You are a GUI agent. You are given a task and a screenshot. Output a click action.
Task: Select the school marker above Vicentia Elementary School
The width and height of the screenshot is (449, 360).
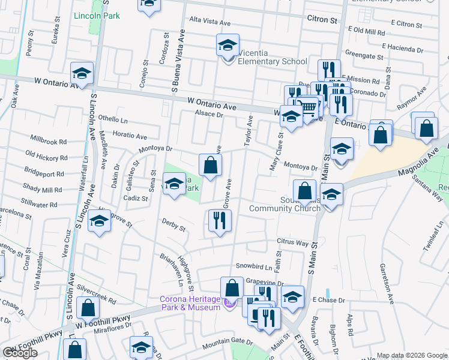point(228,45)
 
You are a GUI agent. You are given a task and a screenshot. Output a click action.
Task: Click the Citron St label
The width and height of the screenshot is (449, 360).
point(322,20)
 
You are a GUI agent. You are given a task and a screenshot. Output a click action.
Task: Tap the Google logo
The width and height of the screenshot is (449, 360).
point(20,353)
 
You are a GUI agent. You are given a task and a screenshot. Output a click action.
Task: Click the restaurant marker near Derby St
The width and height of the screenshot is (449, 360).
point(219,221)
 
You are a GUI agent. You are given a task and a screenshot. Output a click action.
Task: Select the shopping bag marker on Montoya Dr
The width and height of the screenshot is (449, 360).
point(210,165)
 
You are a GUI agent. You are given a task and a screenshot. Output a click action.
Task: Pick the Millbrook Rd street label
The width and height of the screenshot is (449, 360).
point(46,142)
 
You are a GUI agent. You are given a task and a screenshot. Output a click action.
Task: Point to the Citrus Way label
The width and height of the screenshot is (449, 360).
point(292,243)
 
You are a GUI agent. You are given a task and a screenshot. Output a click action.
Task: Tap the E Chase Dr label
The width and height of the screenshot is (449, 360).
point(330,299)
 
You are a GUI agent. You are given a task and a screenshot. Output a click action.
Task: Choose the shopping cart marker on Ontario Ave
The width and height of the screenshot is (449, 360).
point(308,108)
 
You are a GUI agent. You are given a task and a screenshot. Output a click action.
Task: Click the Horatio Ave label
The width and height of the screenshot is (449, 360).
point(130,137)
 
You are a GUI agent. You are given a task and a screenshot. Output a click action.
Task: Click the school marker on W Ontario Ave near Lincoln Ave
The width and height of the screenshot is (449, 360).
point(82,74)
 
